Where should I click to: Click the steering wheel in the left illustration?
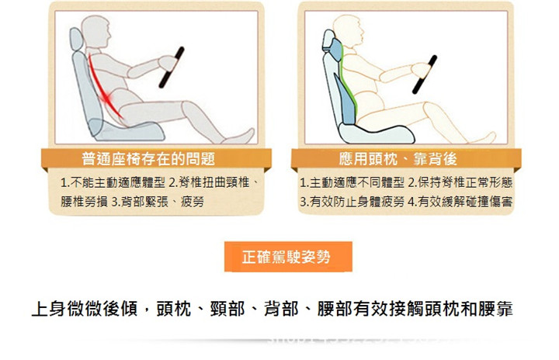(172, 67)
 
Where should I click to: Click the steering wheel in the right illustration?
(425, 74)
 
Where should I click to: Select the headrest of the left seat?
(76, 40)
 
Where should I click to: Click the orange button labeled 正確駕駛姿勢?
(288, 257)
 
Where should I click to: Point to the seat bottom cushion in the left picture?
(127, 130)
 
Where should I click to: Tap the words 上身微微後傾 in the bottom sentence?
(85, 309)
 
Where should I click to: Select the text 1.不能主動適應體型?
(113, 183)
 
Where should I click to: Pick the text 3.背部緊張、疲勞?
(158, 202)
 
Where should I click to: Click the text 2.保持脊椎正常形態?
(460, 183)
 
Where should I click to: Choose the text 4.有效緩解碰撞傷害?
(460, 202)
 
